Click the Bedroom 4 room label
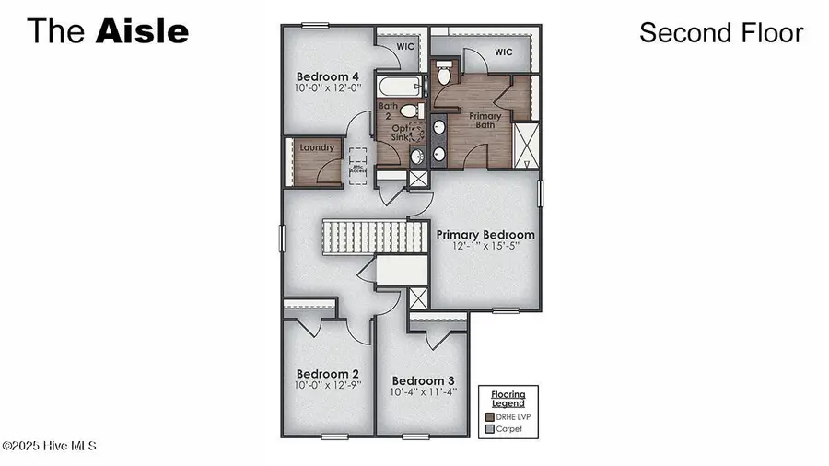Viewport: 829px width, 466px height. [327, 76]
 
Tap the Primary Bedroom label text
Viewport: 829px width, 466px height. [485, 235]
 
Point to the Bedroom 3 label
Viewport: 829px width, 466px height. [424, 381]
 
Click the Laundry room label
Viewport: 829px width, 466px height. [315, 147]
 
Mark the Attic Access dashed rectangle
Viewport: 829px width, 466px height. [356, 165]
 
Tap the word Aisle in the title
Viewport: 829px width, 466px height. [141, 31]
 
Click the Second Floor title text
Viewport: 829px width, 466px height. [721, 33]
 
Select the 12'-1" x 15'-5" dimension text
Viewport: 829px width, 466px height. [485, 247]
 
